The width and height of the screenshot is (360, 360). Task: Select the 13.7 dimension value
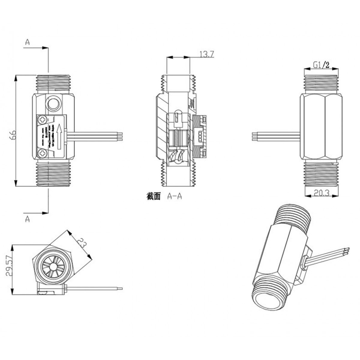point(206,54)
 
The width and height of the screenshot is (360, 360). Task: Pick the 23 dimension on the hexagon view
point(82,242)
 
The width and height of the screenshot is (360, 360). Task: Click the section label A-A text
point(175,196)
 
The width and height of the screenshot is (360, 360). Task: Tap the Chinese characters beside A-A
point(154,196)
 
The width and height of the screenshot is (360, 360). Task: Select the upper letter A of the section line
point(27,43)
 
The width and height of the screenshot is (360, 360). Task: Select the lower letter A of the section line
point(27,219)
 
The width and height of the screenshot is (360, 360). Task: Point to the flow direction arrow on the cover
point(59,137)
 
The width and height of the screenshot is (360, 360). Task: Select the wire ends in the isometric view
point(347,251)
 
